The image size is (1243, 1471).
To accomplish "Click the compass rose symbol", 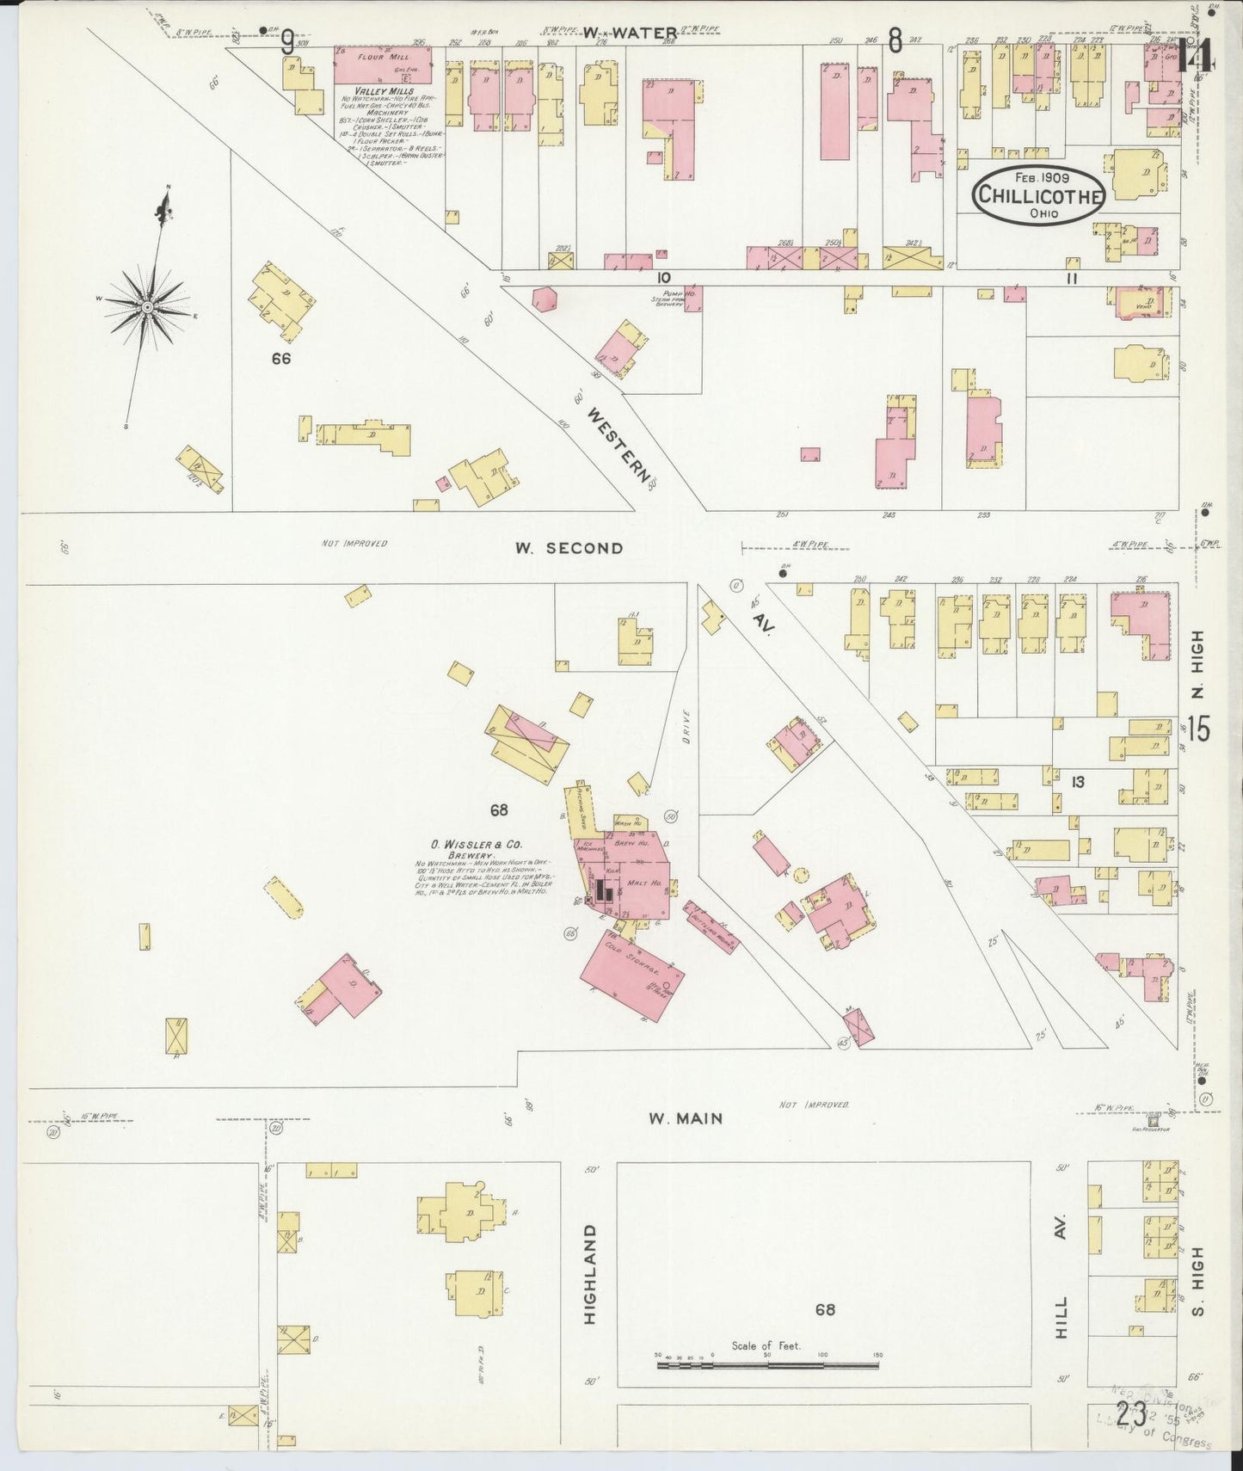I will click(x=147, y=305).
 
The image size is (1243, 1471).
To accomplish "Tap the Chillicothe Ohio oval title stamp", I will click(x=1038, y=195).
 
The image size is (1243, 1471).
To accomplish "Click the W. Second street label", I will click(x=569, y=548).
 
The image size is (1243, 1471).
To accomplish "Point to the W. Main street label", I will click(x=686, y=1118).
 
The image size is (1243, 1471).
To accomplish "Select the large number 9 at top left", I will click(x=287, y=41).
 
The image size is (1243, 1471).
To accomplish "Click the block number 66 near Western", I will click(x=280, y=359).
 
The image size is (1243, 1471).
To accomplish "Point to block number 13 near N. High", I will click(x=1077, y=781).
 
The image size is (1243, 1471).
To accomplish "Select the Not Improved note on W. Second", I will click(x=354, y=544).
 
